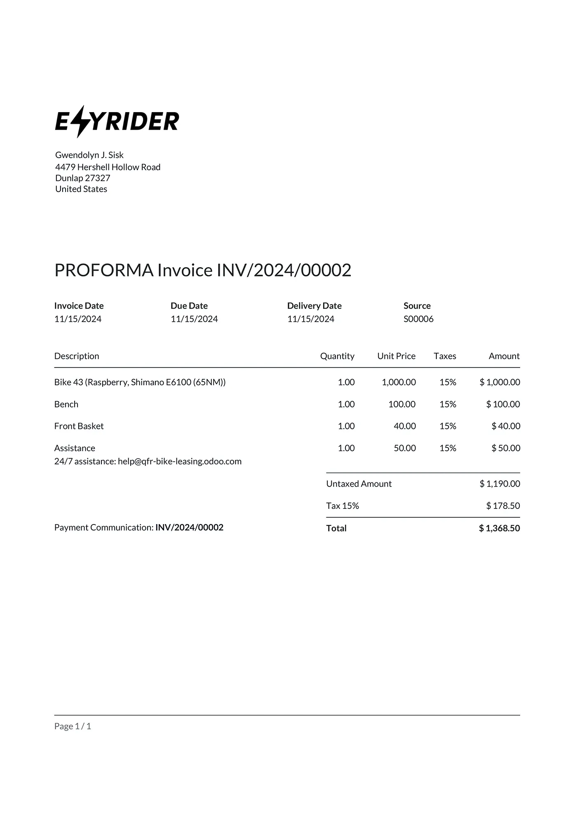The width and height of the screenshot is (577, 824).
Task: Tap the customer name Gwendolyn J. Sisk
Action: tap(89, 155)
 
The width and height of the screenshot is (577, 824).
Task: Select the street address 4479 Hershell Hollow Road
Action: tap(108, 167)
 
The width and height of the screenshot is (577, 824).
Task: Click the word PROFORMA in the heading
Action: tap(104, 270)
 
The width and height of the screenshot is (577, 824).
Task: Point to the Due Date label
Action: tap(189, 306)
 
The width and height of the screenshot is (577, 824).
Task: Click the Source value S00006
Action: tap(418, 319)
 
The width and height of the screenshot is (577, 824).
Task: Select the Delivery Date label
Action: tap(314, 306)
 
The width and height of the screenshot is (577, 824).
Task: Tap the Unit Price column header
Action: tap(396, 356)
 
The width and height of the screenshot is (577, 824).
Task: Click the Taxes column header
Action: tap(445, 356)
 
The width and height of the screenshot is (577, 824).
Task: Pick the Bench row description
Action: tap(66, 404)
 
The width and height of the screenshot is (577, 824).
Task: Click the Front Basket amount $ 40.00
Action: tap(506, 426)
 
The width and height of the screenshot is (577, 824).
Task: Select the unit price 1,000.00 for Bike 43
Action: tap(399, 382)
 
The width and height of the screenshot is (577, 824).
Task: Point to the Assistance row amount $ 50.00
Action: tap(506, 448)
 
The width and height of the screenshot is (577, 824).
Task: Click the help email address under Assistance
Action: tap(180, 461)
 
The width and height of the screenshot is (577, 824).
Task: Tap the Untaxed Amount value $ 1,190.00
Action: tap(500, 484)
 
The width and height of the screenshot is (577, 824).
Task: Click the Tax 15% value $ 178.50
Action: tap(503, 506)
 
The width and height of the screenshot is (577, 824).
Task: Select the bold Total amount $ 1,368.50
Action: tap(499, 528)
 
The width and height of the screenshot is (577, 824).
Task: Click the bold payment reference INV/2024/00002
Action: tap(189, 527)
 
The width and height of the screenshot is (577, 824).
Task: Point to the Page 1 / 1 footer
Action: tap(73, 726)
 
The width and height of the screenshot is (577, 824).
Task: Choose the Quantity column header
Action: tap(337, 356)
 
